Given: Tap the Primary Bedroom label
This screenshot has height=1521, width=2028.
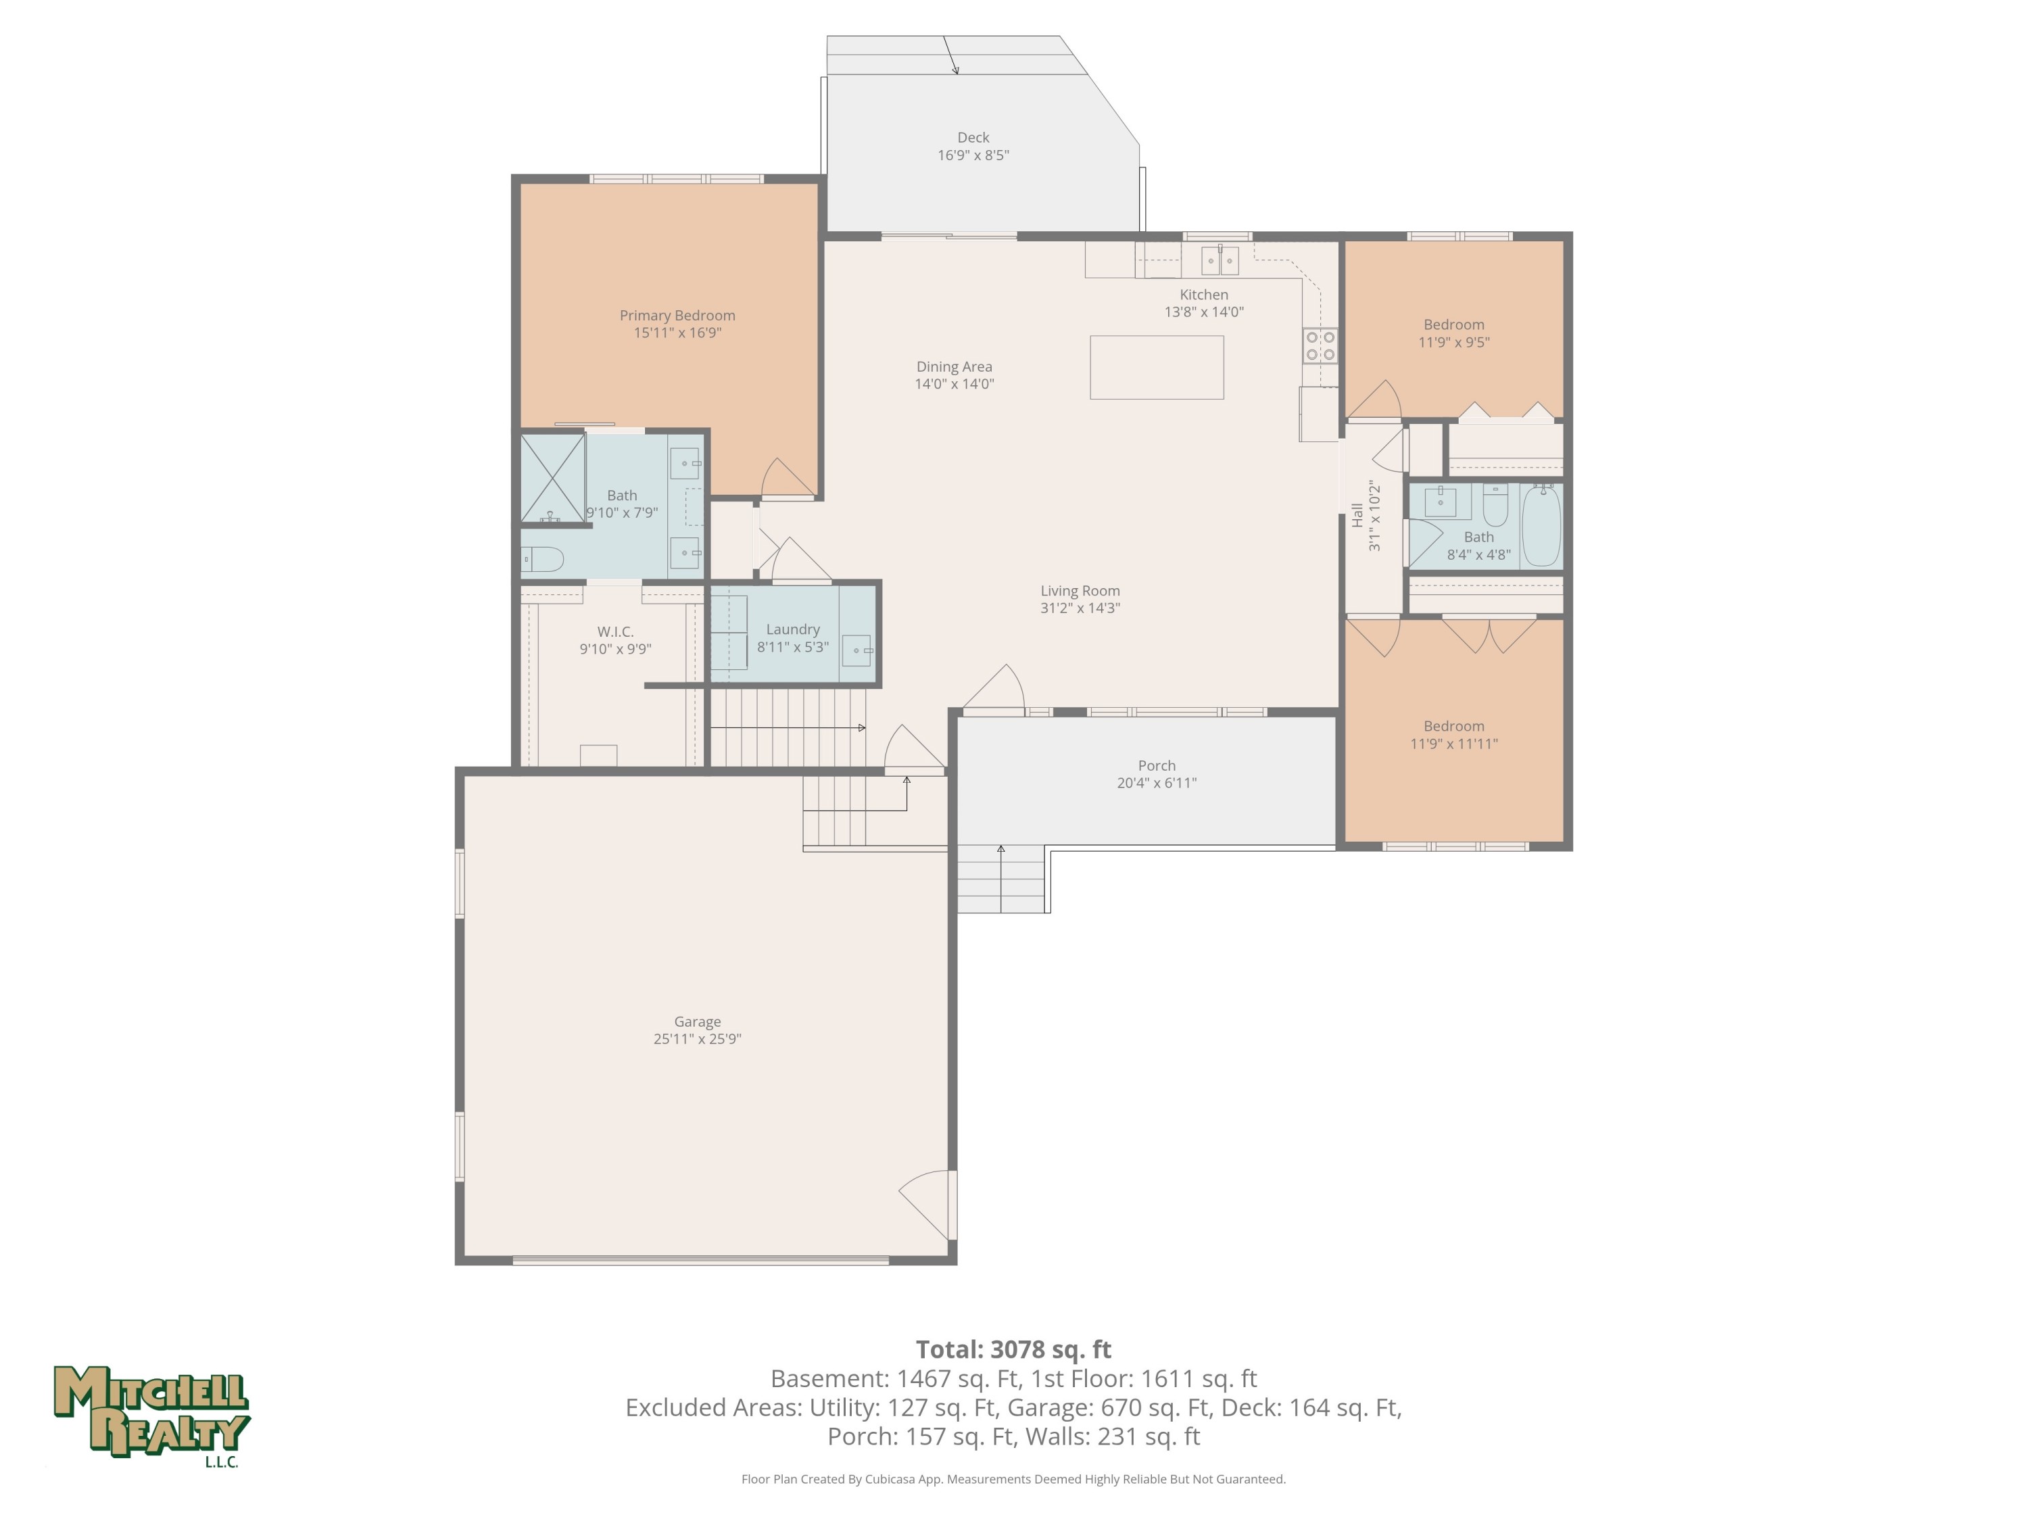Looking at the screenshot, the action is click(677, 316).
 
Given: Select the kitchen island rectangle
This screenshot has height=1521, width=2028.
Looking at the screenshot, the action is click(1156, 366).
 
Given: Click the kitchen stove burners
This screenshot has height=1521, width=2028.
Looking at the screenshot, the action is click(1320, 345).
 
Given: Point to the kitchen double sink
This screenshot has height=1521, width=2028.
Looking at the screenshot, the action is click(1220, 262).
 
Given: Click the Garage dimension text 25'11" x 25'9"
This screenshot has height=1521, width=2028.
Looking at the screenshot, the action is click(697, 1039).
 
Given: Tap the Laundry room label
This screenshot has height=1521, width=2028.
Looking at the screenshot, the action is click(793, 629).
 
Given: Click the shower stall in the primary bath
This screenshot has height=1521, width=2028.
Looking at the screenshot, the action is click(553, 479).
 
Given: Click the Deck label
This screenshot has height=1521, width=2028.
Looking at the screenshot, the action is click(973, 137).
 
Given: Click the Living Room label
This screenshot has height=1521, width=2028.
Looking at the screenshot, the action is click(1080, 590).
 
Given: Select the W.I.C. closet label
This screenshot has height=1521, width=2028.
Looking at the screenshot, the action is click(615, 631).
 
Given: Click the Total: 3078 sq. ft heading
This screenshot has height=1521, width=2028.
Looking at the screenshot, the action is click(1013, 1349).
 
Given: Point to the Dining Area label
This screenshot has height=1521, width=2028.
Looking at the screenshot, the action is click(955, 366).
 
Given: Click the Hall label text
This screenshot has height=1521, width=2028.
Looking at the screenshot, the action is click(1357, 515).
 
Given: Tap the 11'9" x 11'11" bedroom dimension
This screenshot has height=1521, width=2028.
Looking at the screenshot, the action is click(1454, 744).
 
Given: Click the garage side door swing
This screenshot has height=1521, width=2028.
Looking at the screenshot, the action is click(927, 1205).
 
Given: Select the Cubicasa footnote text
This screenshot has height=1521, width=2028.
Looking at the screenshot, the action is click(1013, 1479).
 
